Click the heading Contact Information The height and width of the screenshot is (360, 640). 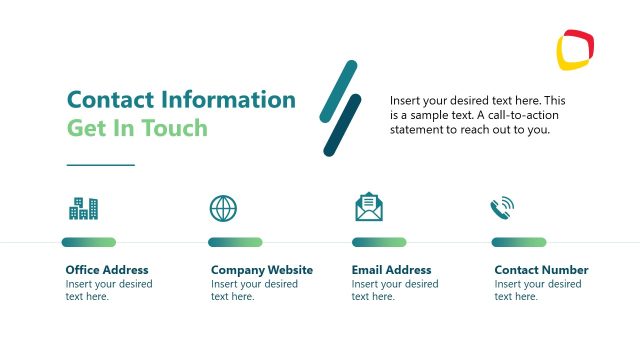pyautogui.click(x=181, y=100)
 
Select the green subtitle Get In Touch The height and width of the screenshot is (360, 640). pyautogui.click(x=137, y=128)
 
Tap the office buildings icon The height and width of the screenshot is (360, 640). pyautogui.click(x=83, y=208)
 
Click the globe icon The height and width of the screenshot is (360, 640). pyautogui.click(x=224, y=208)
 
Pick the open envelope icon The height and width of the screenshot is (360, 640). pyautogui.click(x=369, y=206)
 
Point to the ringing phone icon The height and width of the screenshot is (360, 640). pyautogui.click(x=502, y=207)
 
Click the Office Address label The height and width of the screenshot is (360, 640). pyautogui.click(x=107, y=270)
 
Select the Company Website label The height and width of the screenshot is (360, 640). pyautogui.click(x=262, y=270)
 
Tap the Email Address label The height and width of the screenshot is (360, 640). pyautogui.click(x=392, y=270)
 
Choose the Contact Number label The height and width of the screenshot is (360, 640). pyautogui.click(x=541, y=270)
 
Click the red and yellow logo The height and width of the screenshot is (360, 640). pyautogui.click(x=576, y=51)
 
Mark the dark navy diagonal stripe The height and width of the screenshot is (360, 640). pyautogui.click(x=342, y=125)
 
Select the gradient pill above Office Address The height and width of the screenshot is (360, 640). pyautogui.click(x=88, y=242)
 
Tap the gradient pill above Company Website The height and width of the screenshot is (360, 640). pyautogui.click(x=235, y=242)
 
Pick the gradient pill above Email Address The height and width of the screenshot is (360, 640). pyautogui.click(x=379, y=242)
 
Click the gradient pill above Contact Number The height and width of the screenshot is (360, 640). pyautogui.click(x=519, y=242)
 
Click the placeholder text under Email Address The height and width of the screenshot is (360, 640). pyautogui.click(x=395, y=290)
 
